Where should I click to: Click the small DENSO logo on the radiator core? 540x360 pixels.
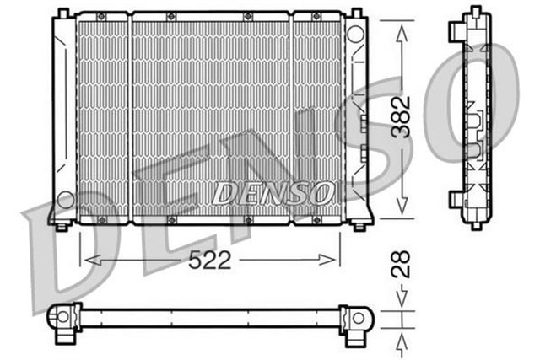coord(271,193)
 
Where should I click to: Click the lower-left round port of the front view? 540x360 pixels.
coord(64,201)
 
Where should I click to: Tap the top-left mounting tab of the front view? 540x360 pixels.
coord(60,13)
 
